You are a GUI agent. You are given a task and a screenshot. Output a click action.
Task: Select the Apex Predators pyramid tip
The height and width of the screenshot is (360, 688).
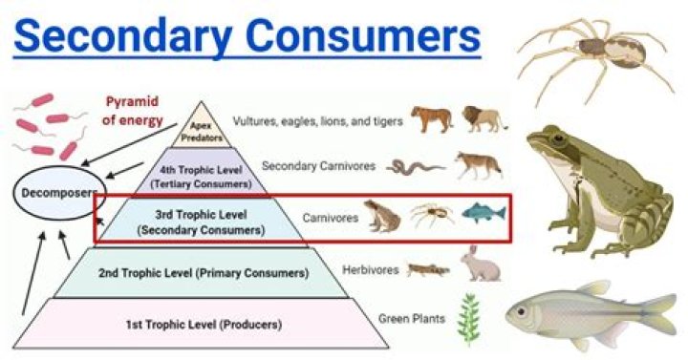(x=202, y=126)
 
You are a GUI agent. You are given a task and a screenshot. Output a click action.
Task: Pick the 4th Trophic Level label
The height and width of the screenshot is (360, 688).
(x=200, y=172)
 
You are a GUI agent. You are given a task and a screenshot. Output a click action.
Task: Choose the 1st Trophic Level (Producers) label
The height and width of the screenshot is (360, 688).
(x=200, y=325)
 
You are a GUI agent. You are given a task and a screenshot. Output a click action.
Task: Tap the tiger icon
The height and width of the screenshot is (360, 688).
(x=431, y=118)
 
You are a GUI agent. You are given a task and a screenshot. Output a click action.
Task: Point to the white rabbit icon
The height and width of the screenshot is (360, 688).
(x=480, y=264)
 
